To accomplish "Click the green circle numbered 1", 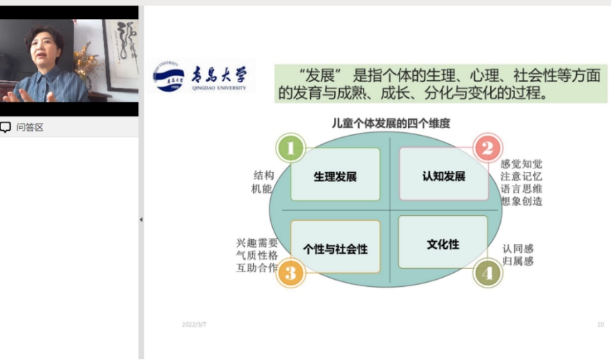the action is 291,148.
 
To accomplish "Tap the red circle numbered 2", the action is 487,148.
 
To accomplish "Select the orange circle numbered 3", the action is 291,273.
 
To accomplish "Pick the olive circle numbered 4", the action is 487,273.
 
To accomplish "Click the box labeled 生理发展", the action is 336,174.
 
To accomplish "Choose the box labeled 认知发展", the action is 444,174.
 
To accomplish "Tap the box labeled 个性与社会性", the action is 336,247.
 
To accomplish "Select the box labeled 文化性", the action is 443,242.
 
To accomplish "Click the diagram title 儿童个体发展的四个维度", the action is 390,124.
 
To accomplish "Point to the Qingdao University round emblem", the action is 169,77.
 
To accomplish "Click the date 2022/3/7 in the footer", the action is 194,325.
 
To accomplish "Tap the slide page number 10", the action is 600,325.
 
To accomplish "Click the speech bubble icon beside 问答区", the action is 5,127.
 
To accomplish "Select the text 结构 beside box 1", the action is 264,175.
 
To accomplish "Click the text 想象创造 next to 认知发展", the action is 521,201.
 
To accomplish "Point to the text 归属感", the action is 518,261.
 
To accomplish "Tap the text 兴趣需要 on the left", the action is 257,243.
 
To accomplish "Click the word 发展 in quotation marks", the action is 321,75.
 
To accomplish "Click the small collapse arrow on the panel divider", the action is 141,219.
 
